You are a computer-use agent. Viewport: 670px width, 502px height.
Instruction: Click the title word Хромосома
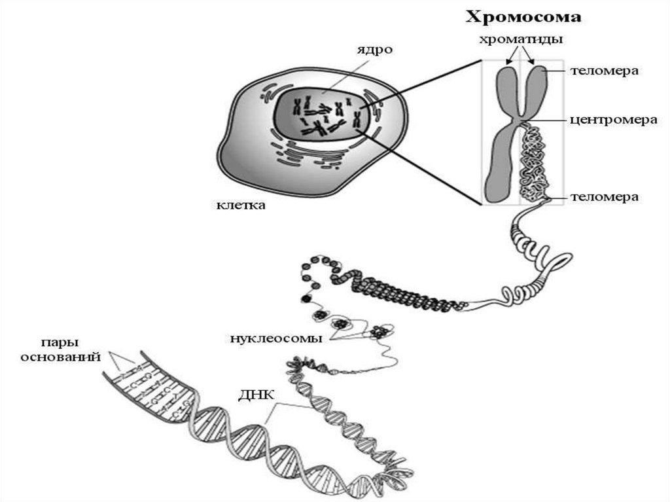(x=523, y=16)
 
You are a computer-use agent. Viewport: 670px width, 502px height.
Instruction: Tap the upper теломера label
(x=604, y=70)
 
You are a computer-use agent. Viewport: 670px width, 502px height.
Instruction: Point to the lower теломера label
(x=604, y=196)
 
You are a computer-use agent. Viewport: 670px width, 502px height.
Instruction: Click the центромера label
(x=604, y=120)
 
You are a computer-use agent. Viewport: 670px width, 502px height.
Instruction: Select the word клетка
(x=241, y=206)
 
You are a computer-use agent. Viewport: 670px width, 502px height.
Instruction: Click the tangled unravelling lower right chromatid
(x=536, y=164)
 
